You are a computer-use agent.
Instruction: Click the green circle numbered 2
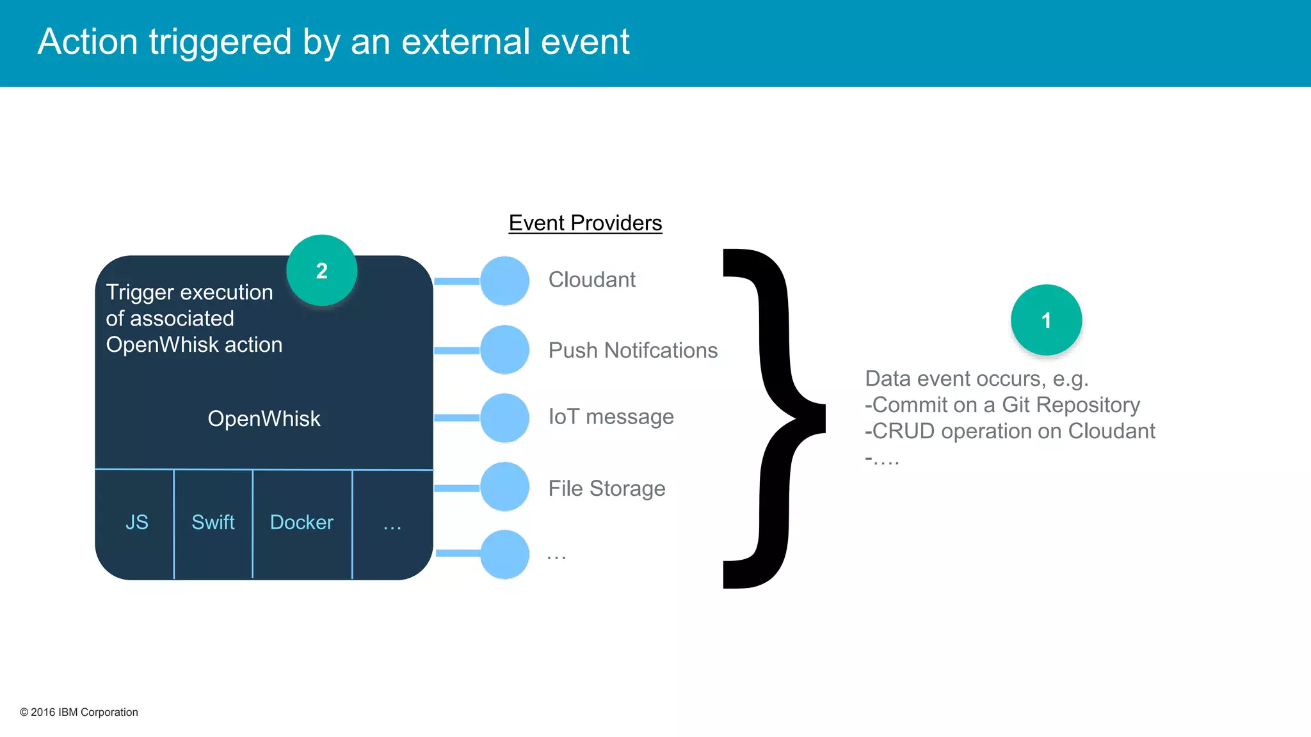coord(321,270)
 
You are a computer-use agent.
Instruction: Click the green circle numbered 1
coord(1046,320)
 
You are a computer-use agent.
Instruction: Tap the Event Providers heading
coord(585,223)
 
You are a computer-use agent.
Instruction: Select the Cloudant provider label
coord(591,280)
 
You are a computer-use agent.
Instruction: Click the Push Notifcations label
coord(632,351)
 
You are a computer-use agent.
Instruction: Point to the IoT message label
coord(611,417)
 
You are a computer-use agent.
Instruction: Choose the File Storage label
coord(606,489)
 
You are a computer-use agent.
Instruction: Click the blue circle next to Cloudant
coord(504,281)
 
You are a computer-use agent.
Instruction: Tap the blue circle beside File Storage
coord(504,487)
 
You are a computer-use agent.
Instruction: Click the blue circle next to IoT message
coord(504,418)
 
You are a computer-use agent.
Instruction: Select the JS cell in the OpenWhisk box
coord(136,523)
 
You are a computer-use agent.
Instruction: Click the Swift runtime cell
coord(213,523)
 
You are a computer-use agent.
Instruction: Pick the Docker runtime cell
coord(302,523)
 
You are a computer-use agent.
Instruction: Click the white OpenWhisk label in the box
coord(264,418)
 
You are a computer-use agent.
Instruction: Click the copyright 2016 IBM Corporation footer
coord(79,712)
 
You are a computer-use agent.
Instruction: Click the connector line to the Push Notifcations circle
coord(457,351)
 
